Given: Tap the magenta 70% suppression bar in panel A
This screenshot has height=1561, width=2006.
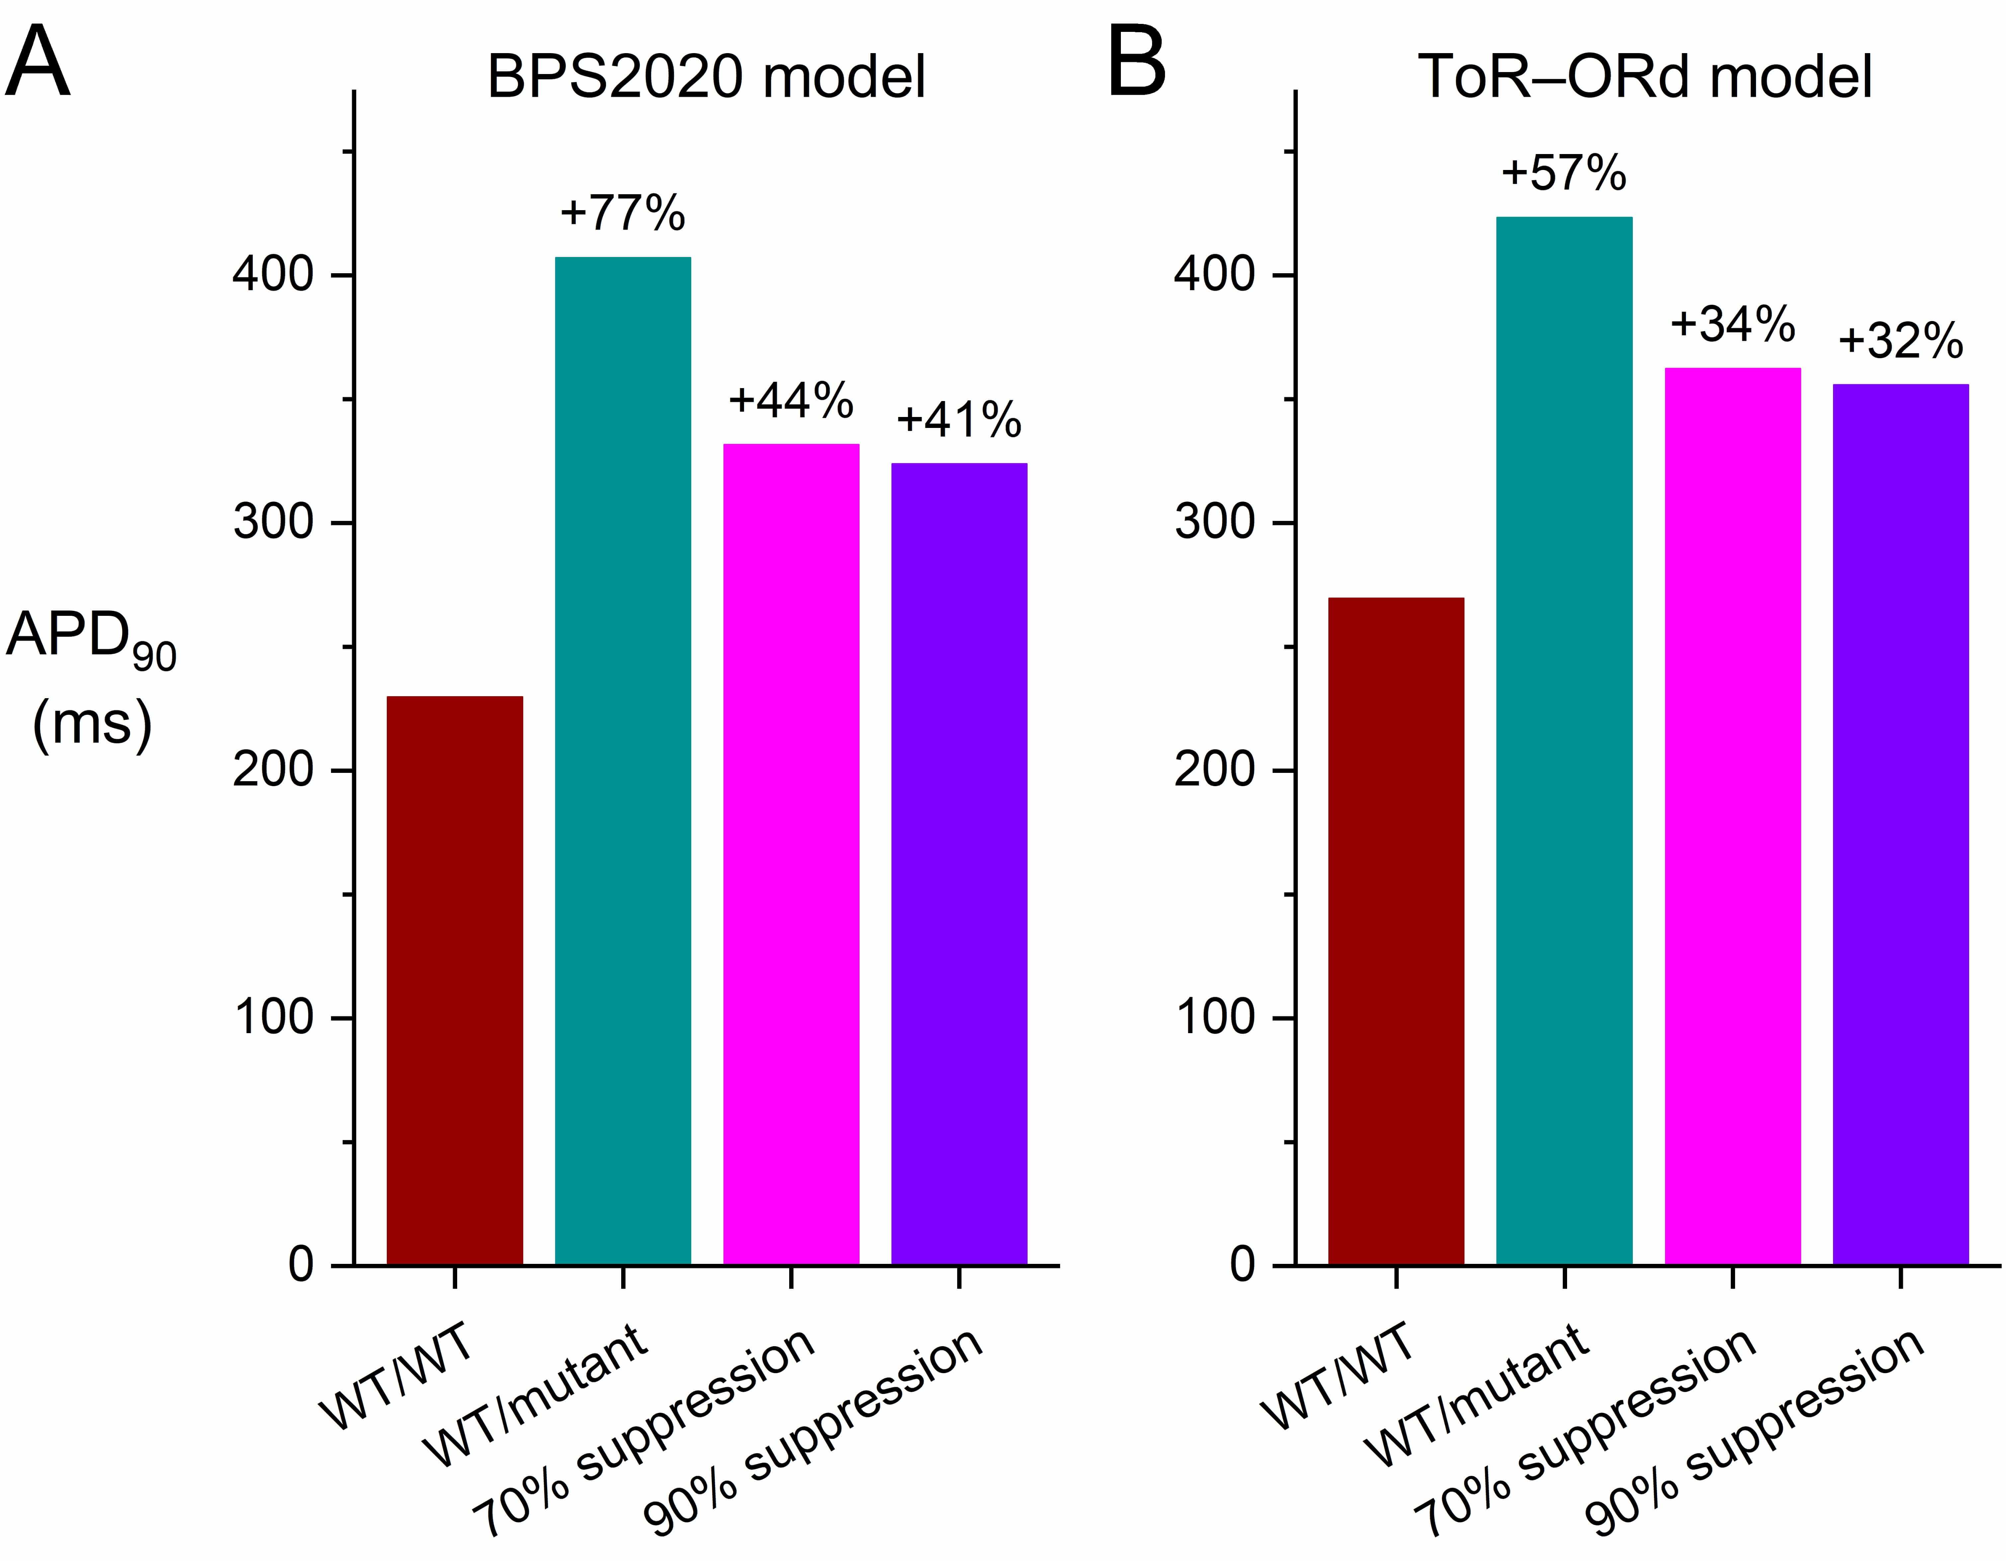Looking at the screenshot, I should point(791,854).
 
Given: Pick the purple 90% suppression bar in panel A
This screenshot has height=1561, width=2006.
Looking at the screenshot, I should point(959,863).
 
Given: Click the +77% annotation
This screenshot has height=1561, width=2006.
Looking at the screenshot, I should point(623,213).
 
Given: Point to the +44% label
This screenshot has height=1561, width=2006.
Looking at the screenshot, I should point(791,400).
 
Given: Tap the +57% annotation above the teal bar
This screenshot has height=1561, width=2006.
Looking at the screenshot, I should point(1564,173).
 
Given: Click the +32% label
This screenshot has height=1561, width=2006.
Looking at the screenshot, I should point(1900,342).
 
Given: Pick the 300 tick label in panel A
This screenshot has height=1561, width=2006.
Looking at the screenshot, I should point(274,524).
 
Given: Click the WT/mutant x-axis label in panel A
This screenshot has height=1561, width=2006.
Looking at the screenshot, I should point(542,1396).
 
